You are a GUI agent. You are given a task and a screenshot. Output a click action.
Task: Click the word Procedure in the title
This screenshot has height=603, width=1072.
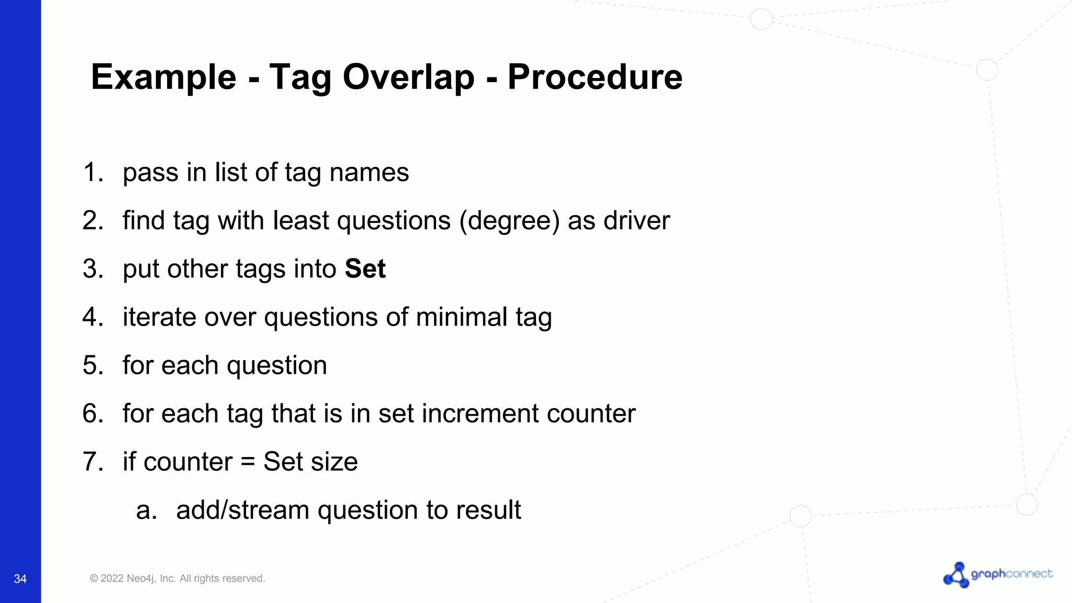click(595, 77)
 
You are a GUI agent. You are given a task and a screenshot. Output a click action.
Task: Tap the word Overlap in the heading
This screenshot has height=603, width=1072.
click(408, 77)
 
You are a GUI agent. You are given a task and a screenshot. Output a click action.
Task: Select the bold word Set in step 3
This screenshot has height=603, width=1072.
click(365, 269)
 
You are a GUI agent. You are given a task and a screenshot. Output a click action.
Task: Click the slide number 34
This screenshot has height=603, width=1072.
click(20, 578)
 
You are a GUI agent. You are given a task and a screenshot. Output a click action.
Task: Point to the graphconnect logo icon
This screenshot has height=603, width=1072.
click(956, 575)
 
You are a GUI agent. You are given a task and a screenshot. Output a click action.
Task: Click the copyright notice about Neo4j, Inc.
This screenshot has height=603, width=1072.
click(177, 578)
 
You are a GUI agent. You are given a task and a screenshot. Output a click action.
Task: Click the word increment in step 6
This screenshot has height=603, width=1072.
click(479, 414)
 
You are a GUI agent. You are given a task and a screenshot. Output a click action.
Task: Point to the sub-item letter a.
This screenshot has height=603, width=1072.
click(146, 510)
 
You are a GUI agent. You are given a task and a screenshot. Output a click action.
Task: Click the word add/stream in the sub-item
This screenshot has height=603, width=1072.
click(242, 510)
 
